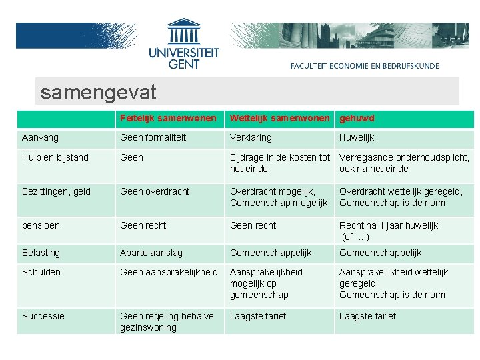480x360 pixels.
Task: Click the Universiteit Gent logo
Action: [183, 44]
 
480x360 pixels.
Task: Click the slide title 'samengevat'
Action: [98, 92]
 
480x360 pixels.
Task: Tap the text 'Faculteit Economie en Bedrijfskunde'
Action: [364, 66]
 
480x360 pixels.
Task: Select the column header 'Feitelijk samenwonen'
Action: [168, 118]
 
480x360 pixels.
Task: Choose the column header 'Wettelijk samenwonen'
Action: [279, 118]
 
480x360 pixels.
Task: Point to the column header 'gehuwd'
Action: [357, 118]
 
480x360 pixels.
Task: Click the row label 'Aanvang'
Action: [40, 137]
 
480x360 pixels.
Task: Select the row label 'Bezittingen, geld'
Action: [55, 191]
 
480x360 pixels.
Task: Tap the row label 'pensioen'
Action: [41, 225]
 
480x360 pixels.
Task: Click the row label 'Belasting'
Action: [41, 253]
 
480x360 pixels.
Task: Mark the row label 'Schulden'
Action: [41, 272]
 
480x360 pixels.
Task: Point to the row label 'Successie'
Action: [43, 316]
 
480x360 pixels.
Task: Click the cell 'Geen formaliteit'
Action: [153, 137]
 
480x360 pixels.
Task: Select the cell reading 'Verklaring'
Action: [251, 137]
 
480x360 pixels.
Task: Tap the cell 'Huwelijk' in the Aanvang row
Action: [357, 137]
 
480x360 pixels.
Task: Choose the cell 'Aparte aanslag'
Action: [151, 253]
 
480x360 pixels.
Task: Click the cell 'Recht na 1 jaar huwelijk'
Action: [388, 225]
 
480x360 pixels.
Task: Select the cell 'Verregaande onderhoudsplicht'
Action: [404, 158]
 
